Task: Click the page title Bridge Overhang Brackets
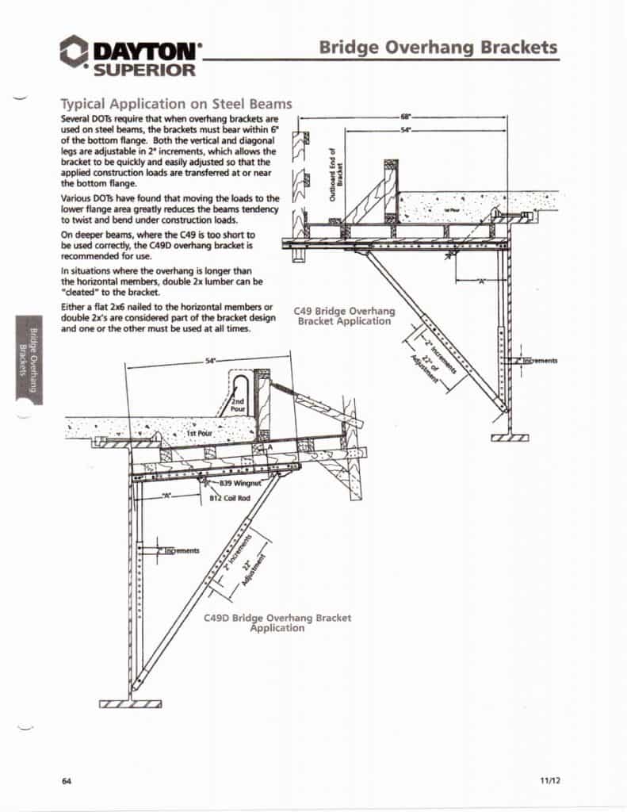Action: (438, 47)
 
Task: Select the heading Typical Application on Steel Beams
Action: (176, 104)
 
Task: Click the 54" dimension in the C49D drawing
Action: (210, 361)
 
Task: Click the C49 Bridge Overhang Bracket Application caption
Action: (344, 316)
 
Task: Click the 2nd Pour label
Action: (238, 406)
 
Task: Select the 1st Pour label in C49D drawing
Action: (197, 435)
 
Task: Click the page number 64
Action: (67, 781)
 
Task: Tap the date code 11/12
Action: (550, 781)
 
